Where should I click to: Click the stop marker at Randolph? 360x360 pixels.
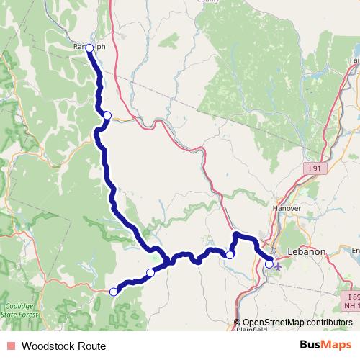point(89,48)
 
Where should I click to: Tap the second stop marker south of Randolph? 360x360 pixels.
point(107,115)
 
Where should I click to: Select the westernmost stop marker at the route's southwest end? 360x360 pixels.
point(113,292)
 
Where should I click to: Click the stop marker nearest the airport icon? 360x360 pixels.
point(269,264)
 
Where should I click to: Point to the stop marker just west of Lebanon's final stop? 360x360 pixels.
point(230,255)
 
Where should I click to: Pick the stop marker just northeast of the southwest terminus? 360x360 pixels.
point(150,272)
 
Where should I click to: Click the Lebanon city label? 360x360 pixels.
point(307,252)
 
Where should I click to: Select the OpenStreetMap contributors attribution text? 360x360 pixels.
point(297,323)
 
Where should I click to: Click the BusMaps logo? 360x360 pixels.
point(326,346)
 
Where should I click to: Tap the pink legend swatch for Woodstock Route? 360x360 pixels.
point(10,346)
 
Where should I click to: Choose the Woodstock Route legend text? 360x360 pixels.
point(63,346)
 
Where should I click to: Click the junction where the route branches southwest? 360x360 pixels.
point(167,259)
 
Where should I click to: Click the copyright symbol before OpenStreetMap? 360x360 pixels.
point(238,323)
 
